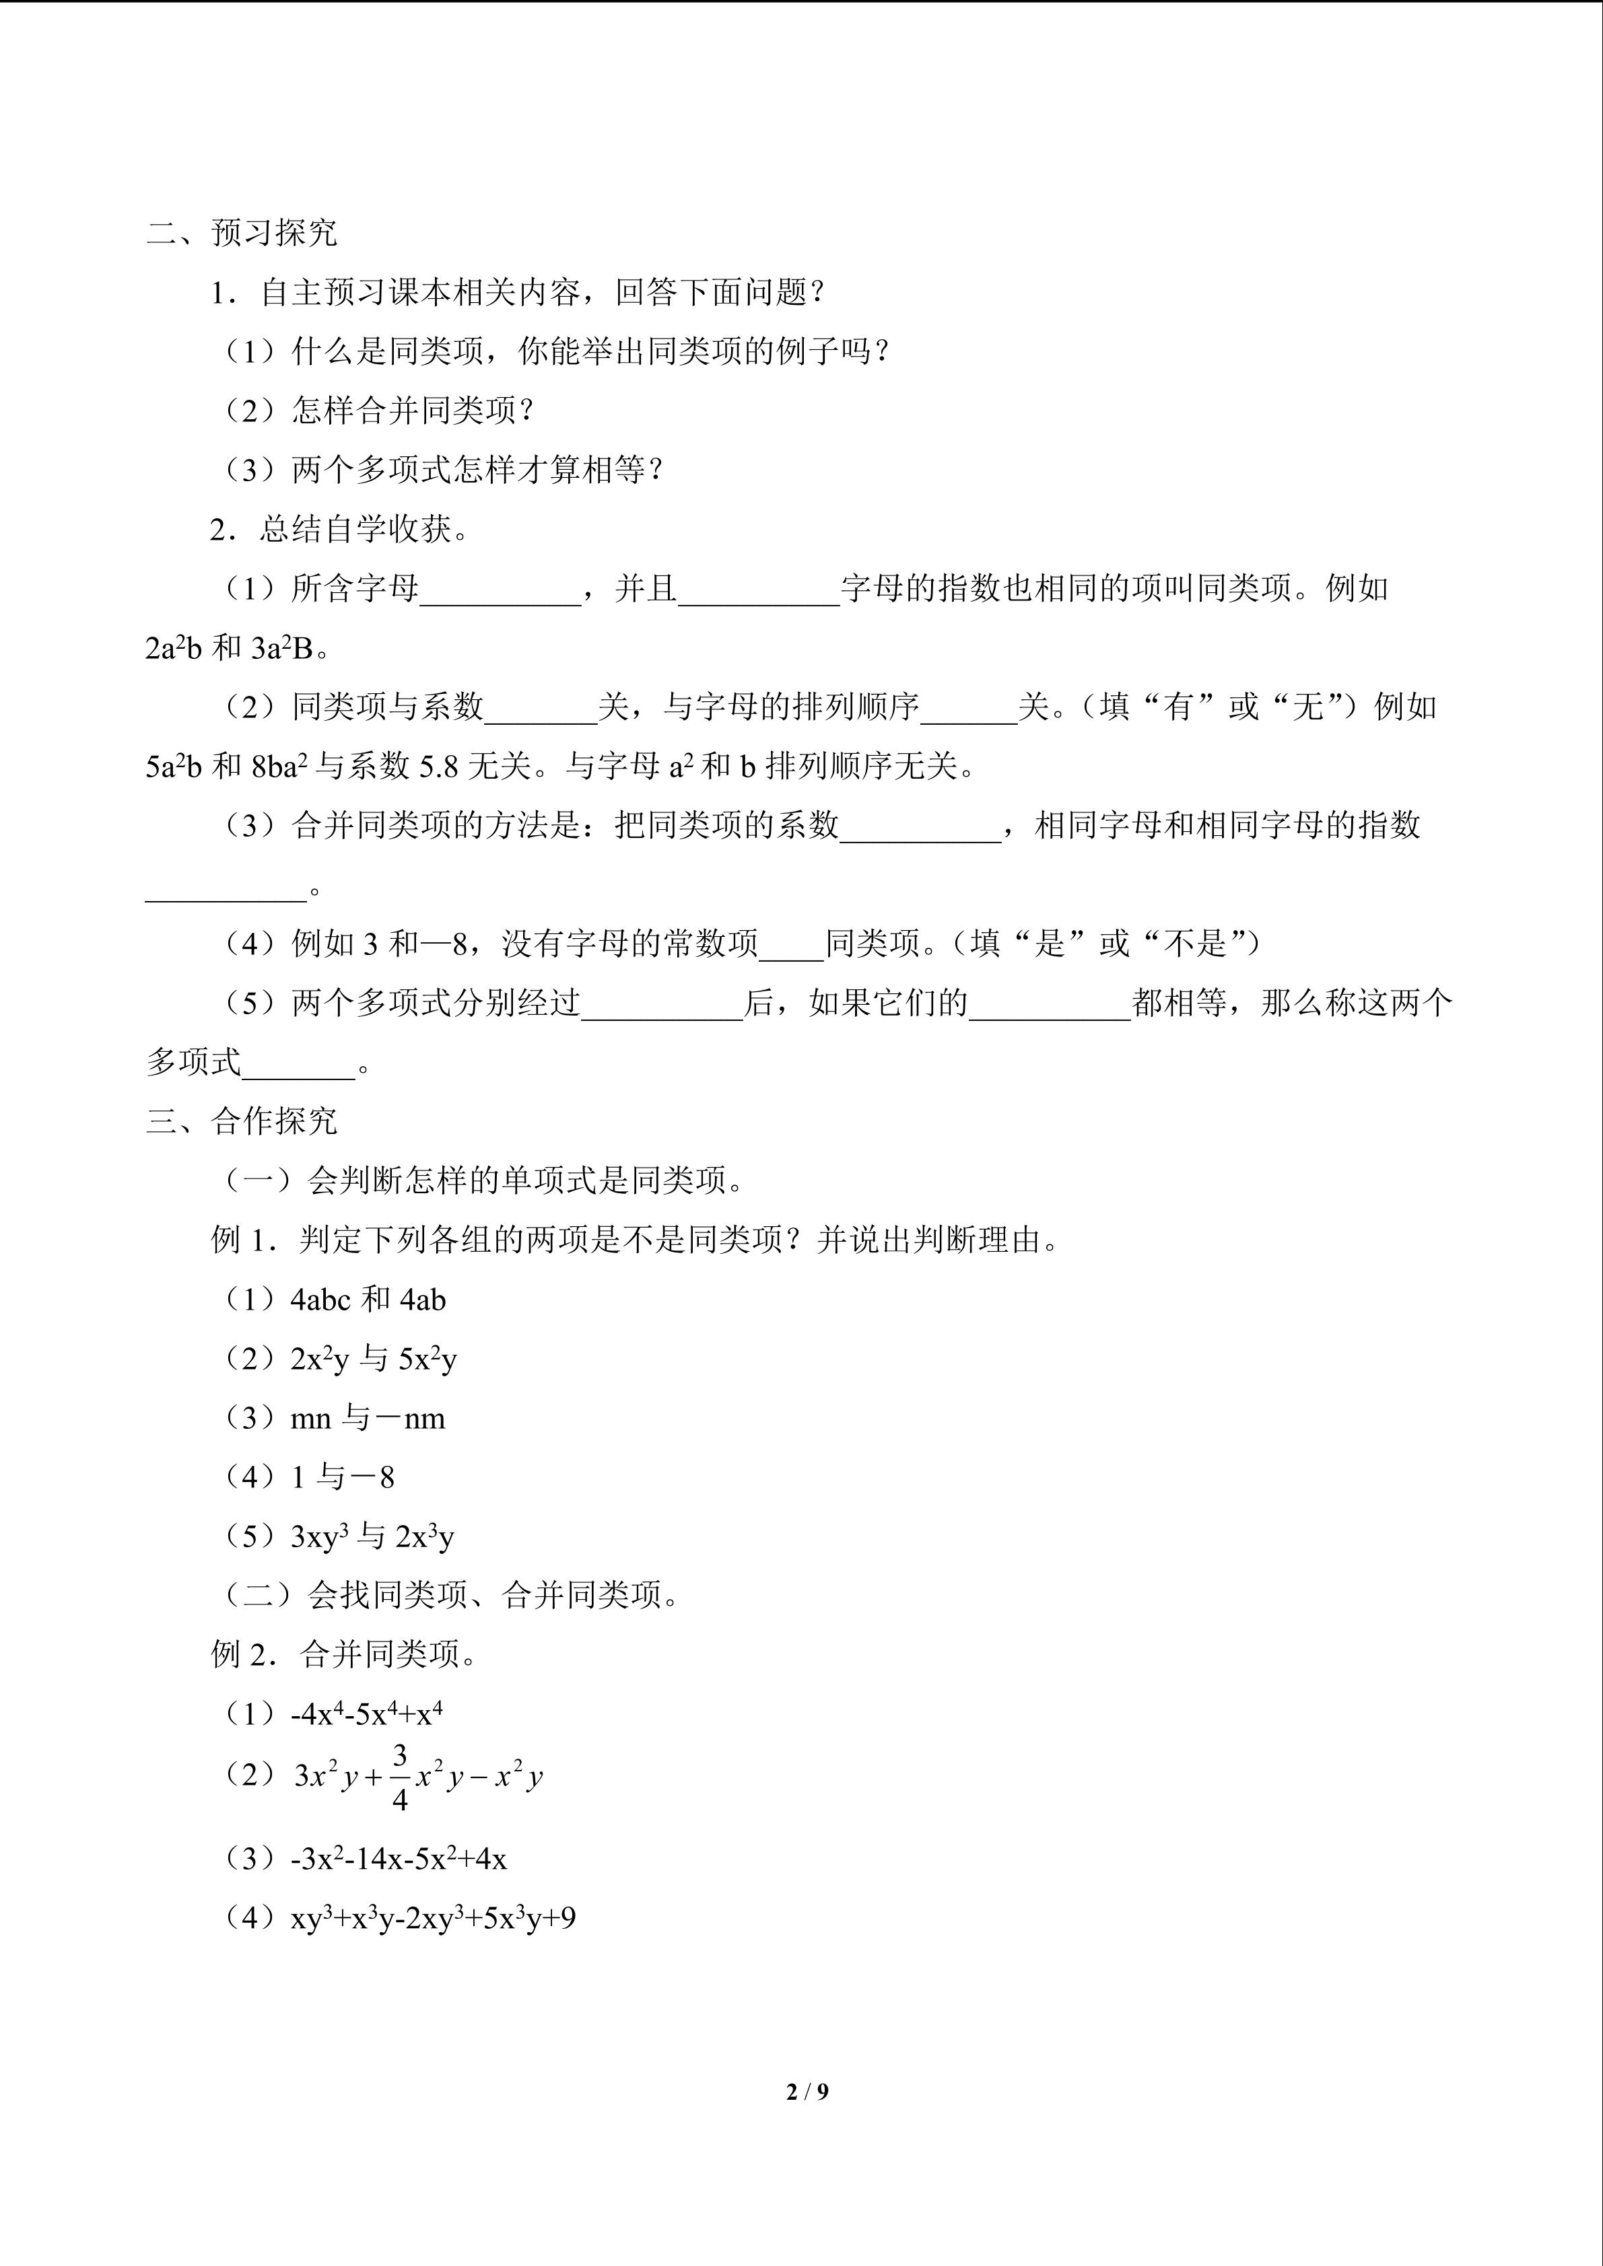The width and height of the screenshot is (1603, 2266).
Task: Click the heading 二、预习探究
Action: [x=242, y=233]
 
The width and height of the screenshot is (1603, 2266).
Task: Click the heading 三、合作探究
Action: [x=242, y=1121]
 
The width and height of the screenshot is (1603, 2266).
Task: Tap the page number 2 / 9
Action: [x=807, y=2091]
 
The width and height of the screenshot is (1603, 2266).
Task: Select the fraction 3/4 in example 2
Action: [x=400, y=1777]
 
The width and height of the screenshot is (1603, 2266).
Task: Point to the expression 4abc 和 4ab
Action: [x=367, y=1300]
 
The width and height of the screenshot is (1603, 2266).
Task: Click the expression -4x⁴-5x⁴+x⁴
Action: [x=366, y=1714]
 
